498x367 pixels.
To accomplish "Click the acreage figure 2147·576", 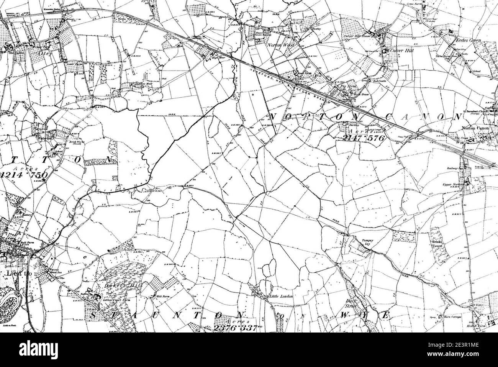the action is (x=363, y=138).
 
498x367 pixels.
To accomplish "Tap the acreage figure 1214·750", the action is (x=24, y=175).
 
